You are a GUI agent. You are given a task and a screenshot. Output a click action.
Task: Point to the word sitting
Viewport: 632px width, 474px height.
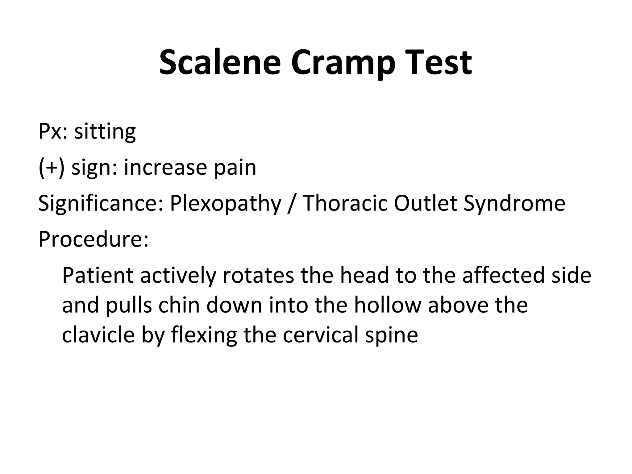105,132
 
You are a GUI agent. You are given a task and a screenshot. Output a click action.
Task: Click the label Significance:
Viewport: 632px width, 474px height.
101,203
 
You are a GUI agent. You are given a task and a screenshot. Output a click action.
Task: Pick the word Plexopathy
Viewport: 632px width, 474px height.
226,203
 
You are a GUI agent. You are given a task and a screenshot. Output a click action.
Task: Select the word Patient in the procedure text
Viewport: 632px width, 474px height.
98,275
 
